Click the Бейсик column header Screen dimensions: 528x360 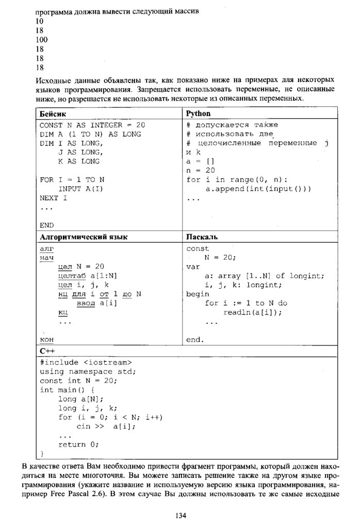pyautogui.click(x=54, y=113)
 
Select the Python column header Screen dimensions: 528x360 pyautogui.click(x=199, y=113)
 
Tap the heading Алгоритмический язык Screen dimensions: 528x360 pyautogui.click(x=84, y=237)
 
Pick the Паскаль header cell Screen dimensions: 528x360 pyautogui.click(x=202, y=237)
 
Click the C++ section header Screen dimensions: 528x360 pyautogui.click(x=46, y=351)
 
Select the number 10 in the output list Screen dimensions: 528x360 pyautogui.click(x=40, y=21)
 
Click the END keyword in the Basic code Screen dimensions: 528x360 pyautogui.click(x=47, y=225)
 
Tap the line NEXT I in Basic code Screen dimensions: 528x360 pyautogui.click(x=54, y=197)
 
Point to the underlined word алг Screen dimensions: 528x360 pyautogui.click(x=46, y=248)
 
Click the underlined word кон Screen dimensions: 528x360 pyautogui.click(x=47, y=339)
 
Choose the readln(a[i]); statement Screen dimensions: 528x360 pyautogui.click(x=255, y=312)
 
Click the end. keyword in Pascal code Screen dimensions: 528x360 pyautogui.click(x=195, y=339)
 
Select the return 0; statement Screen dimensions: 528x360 pyautogui.click(x=78, y=444)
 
